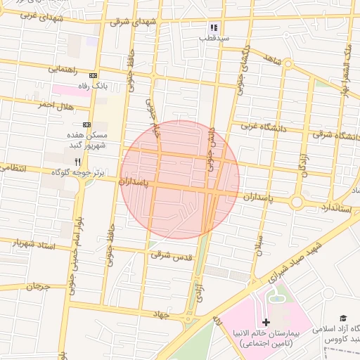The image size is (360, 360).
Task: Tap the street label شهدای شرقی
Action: (x=130, y=22)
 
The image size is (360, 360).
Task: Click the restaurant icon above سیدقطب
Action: (x=213, y=28)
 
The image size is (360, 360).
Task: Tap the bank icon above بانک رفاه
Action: (x=93, y=75)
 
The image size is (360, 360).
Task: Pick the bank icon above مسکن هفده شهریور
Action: (x=86, y=124)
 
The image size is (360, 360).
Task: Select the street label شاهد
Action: (x=272, y=60)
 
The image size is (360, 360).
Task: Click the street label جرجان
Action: (x=39, y=286)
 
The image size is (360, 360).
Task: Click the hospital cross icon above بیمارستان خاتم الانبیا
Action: (x=266, y=321)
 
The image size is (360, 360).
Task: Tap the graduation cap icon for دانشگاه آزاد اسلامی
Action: (x=343, y=319)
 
